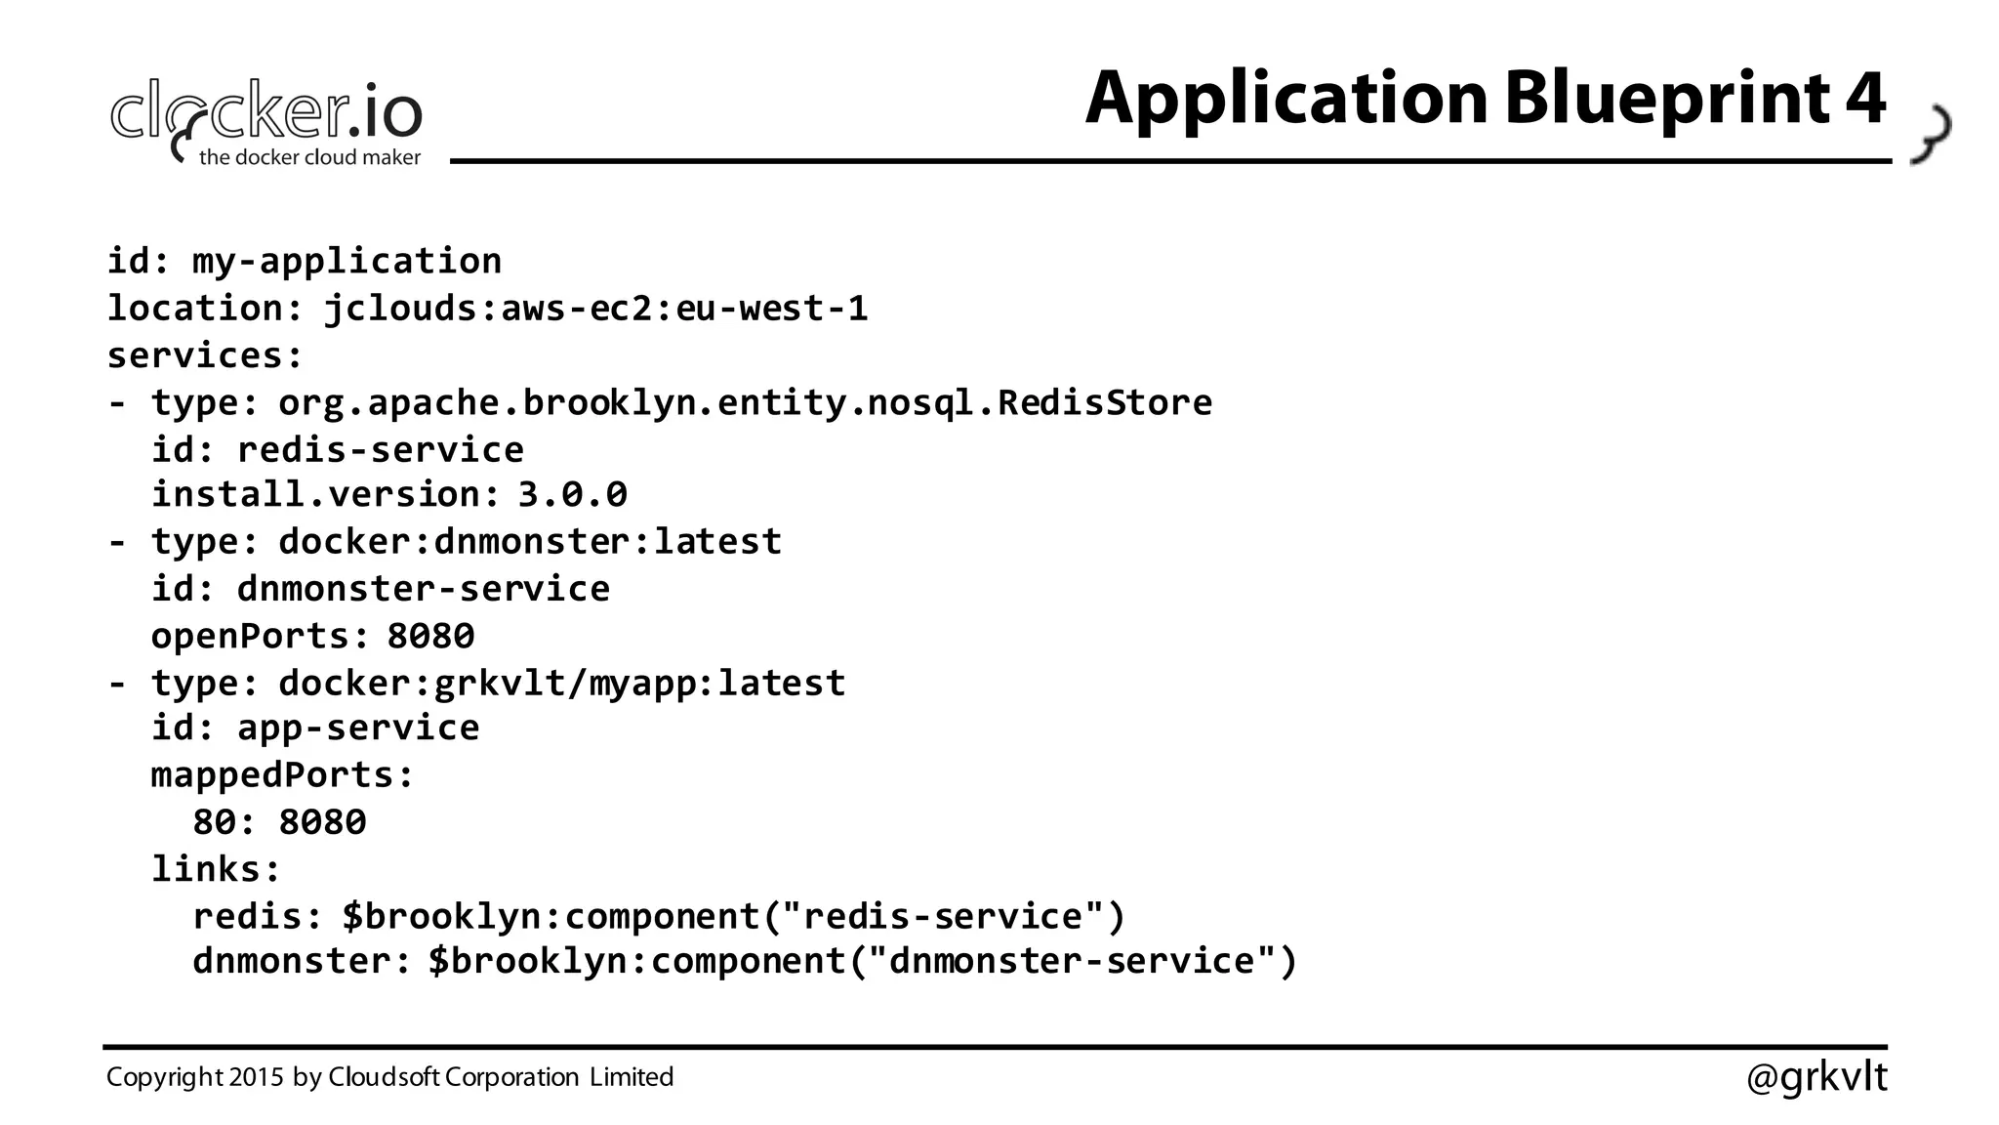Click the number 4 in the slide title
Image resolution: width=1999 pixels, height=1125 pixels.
tap(1865, 98)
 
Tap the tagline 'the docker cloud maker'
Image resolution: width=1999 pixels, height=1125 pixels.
tap(309, 157)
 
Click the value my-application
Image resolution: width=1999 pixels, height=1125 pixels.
tap(347, 262)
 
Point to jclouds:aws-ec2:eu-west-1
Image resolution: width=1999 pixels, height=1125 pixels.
tap(595, 309)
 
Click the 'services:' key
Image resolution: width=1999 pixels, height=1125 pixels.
tap(205, 355)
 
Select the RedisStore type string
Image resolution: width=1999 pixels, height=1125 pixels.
tap(745, 402)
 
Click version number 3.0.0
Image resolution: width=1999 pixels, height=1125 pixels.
tap(572, 494)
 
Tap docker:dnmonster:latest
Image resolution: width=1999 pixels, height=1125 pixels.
tap(530, 541)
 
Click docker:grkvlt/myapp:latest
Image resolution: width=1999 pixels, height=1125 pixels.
tap(561, 683)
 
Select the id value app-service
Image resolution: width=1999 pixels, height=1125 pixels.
tap(358, 728)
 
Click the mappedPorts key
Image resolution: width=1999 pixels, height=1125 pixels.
tap(282, 774)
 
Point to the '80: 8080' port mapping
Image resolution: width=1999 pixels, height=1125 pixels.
tap(279, 822)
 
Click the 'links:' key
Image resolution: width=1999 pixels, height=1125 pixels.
tap(216, 868)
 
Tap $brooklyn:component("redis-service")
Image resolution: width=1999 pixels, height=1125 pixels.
tap(734, 916)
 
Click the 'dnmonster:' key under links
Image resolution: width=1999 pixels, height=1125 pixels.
tap(302, 961)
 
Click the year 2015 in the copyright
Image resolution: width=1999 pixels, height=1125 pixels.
tap(257, 1077)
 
